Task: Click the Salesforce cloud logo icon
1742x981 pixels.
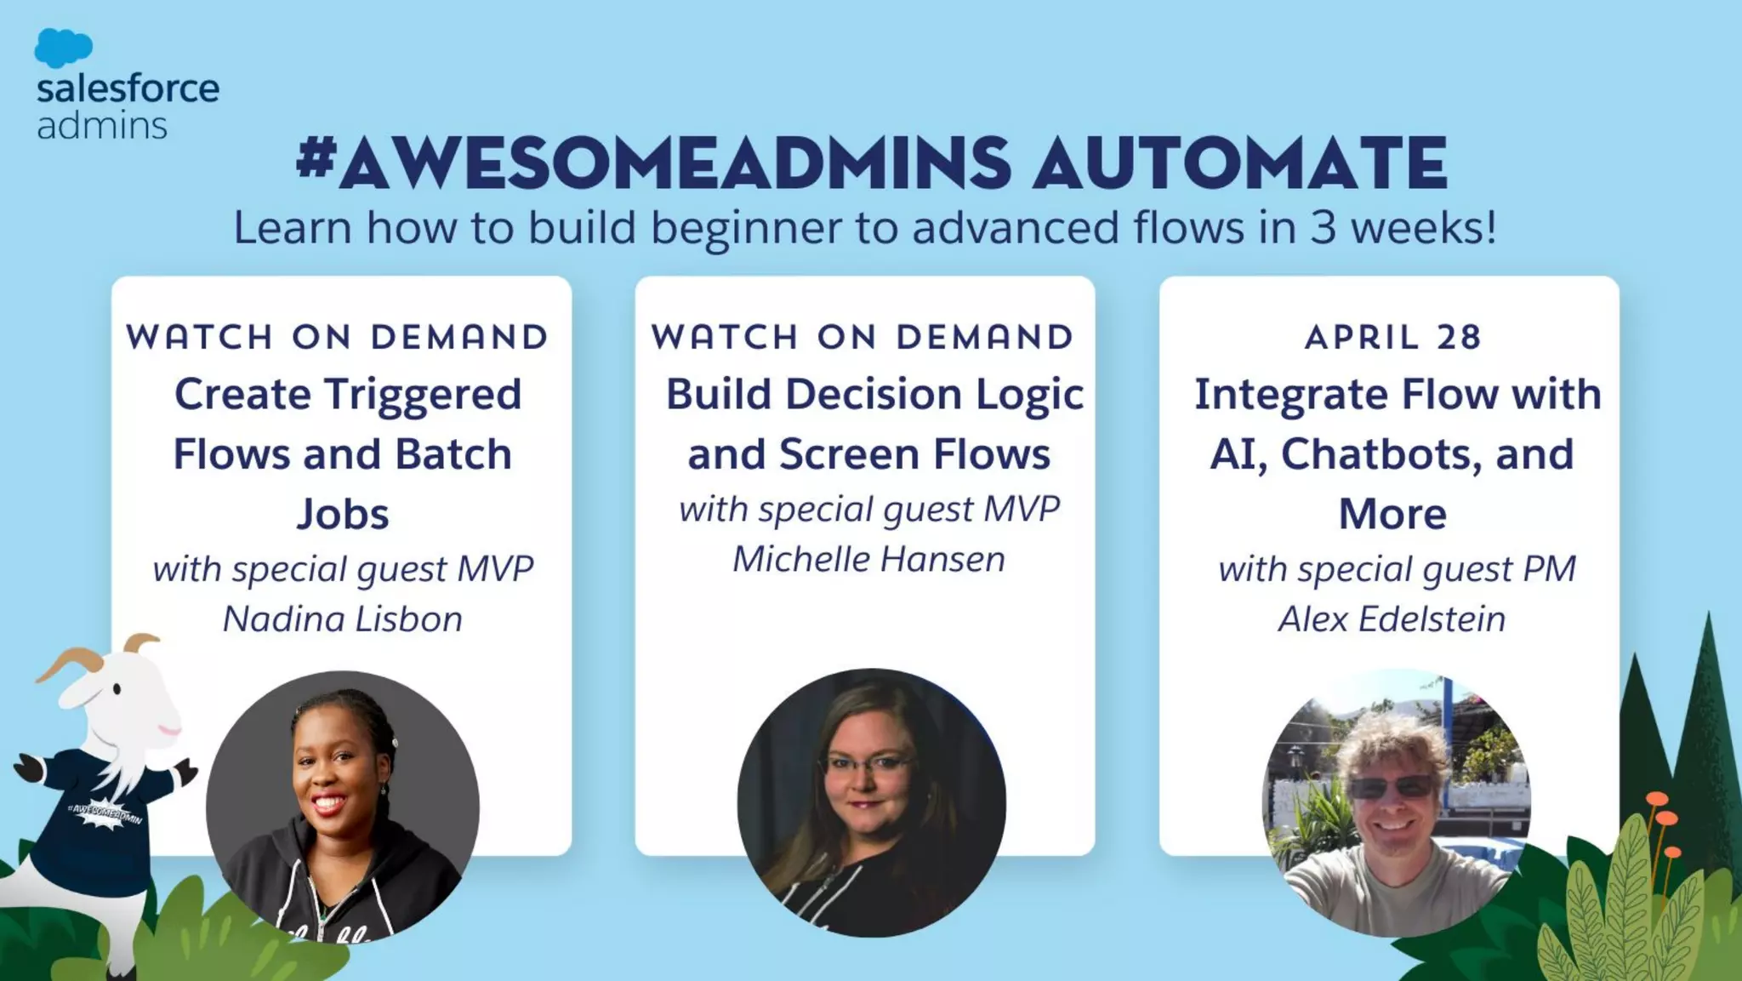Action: (63, 48)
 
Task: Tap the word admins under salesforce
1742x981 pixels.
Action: (102, 126)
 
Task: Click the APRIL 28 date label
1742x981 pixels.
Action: (1393, 337)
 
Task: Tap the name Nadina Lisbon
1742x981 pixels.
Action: (342, 619)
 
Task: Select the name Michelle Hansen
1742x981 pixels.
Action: (868, 559)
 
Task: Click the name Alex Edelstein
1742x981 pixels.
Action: (1392, 619)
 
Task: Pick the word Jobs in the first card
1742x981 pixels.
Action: (343, 514)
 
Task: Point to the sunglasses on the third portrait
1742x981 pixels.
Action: (1392, 787)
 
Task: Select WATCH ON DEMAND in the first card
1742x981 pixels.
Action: (338, 337)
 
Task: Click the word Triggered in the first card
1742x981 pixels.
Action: (423, 394)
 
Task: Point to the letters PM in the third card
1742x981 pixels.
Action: (1549, 568)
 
